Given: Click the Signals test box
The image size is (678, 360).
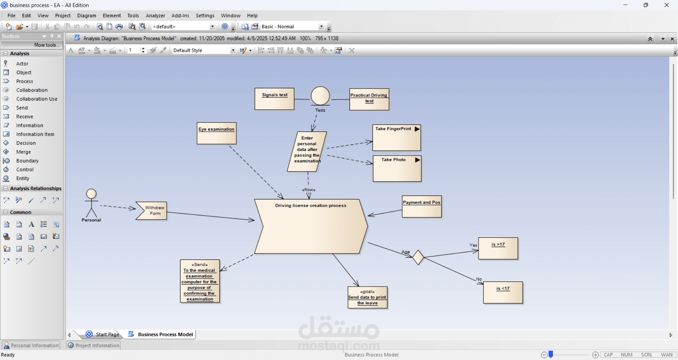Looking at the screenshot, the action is (274, 99).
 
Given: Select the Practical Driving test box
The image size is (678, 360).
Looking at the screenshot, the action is (369, 99).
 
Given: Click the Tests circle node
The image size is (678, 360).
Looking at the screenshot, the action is (320, 96).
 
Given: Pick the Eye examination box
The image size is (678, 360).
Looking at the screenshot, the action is (216, 133).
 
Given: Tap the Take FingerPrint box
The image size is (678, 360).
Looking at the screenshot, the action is (397, 138).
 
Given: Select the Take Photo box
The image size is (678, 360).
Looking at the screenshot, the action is (397, 169).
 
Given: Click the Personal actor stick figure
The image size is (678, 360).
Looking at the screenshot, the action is (91, 203).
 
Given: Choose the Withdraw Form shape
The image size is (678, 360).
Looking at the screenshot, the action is (151, 211).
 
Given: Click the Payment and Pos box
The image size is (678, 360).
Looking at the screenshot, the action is (422, 206).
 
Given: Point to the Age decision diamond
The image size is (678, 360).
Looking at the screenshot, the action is (418, 257).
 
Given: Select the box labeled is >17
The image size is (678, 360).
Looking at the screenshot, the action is (498, 248).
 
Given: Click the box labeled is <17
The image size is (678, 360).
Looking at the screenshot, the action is (503, 293).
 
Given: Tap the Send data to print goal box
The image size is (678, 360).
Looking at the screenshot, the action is (368, 298).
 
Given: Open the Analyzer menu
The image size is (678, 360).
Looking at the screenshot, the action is (155, 16).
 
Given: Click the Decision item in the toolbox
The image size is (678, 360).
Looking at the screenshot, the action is (26, 143).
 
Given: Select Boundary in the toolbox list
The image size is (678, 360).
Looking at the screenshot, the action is (27, 161).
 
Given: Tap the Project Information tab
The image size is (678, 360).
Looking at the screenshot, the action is (94, 345).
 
